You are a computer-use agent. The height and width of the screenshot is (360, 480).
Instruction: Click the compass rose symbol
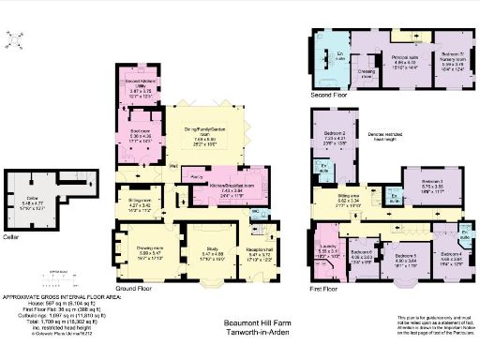pos(16,39)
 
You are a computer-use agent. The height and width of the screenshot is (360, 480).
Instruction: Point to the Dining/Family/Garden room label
pos(203,138)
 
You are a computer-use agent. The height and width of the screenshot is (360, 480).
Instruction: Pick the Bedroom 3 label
pos(431,181)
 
